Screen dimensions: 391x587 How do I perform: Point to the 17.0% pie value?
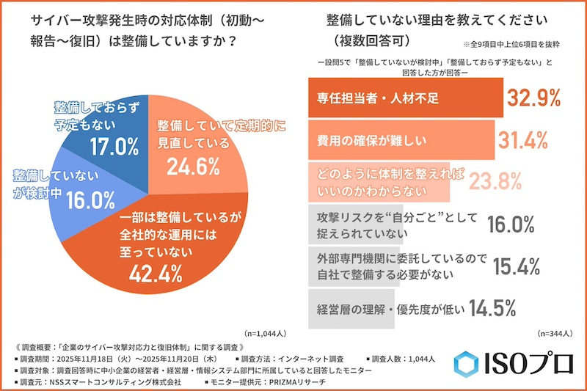(x=112, y=145)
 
